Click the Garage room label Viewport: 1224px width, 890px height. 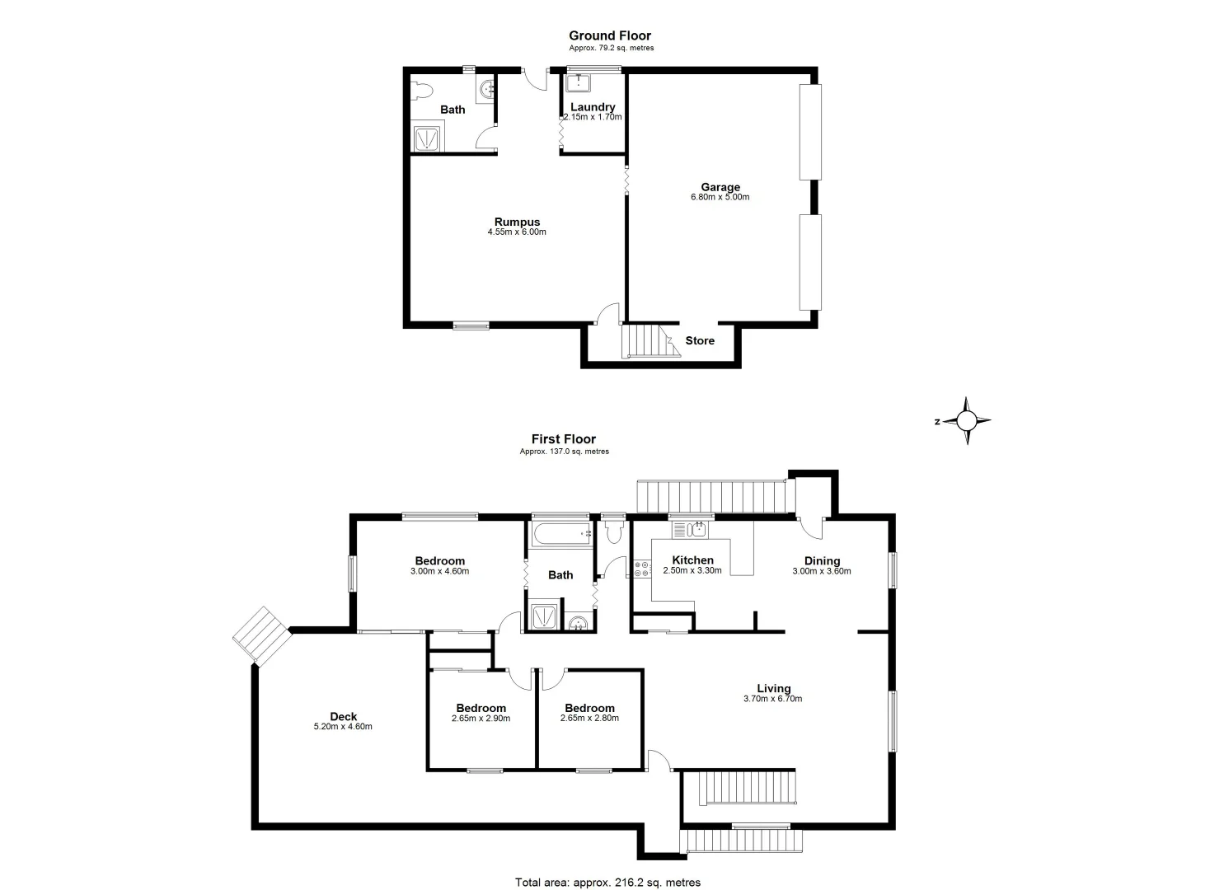pos(720,187)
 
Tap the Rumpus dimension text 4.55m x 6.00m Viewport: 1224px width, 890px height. pos(517,232)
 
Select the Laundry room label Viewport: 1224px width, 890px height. pos(593,107)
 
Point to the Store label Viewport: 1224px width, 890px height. pos(700,340)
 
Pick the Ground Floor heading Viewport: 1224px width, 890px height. pos(610,35)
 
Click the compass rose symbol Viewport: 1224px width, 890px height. pos(968,421)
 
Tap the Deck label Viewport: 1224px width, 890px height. pos(343,717)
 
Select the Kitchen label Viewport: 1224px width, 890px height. pos(692,560)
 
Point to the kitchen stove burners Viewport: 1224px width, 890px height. pos(640,569)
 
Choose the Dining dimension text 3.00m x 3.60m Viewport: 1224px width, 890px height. pos(821,571)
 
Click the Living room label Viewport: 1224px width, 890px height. pos(774,689)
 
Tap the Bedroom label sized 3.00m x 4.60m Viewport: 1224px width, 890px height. pos(439,561)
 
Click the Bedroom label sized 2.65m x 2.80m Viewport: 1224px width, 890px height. pos(589,708)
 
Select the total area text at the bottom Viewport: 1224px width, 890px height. pos(607,883)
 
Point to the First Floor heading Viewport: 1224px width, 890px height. pos(564,439)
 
